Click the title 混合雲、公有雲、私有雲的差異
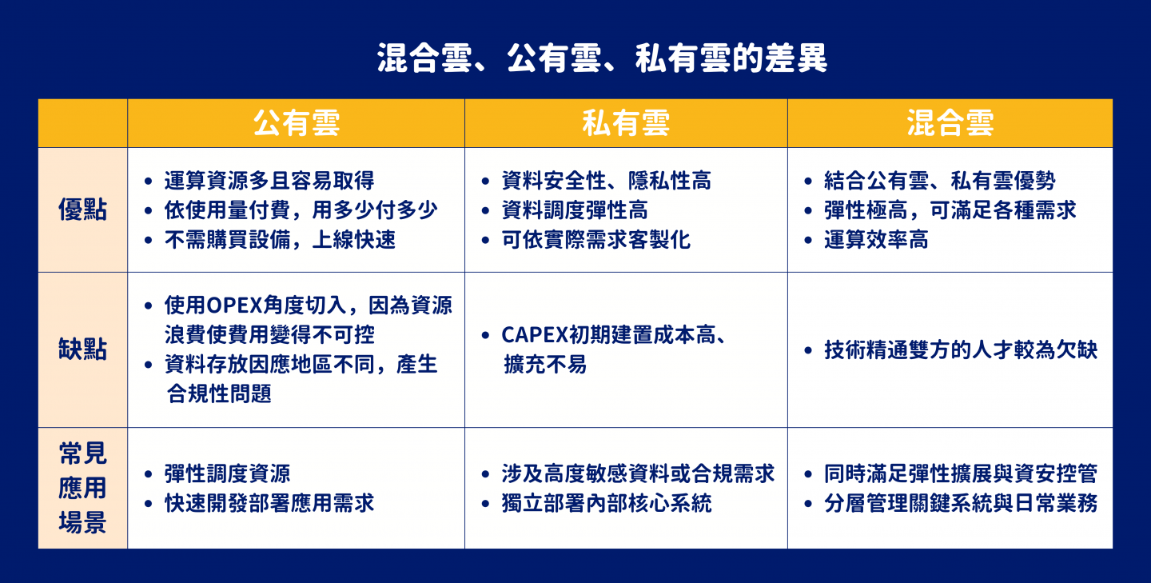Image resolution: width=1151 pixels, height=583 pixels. (x=602, y=58)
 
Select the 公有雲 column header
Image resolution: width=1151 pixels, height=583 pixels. (x=297, y=123)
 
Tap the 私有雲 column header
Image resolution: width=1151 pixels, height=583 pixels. (x=626, y=123)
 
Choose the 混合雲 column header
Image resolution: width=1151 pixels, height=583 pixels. (x=950, y=123)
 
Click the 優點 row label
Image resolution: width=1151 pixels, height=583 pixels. (x=83, y=210)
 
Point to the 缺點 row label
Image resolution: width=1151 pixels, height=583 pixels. (x=83, y=349)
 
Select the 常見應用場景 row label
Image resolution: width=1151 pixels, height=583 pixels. (x=83, y=488)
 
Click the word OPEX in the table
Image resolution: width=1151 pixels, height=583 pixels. (x=233, y=305)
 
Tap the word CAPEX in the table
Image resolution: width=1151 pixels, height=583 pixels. (x=535, y=335)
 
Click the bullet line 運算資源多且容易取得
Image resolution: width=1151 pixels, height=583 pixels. (x=269, y=181)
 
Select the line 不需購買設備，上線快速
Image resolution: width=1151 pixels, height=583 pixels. (x=280, y=240)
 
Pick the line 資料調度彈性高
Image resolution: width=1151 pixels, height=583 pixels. (x=575, y=210)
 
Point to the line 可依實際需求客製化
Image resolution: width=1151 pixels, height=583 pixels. (x=596, y=240)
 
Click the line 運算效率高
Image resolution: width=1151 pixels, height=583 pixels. (x=876, y=240)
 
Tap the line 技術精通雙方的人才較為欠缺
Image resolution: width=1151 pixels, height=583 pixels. (x=961, y=350)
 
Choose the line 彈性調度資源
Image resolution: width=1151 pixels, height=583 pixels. (x=227, y=473)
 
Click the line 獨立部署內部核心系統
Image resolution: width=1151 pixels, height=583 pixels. (x=607, y=503)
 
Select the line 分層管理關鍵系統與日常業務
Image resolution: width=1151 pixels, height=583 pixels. (x=961, y=503)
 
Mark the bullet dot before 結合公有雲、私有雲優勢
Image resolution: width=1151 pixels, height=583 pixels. (x=808, y=181)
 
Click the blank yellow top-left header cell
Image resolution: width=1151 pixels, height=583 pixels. (x=83, y=123)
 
